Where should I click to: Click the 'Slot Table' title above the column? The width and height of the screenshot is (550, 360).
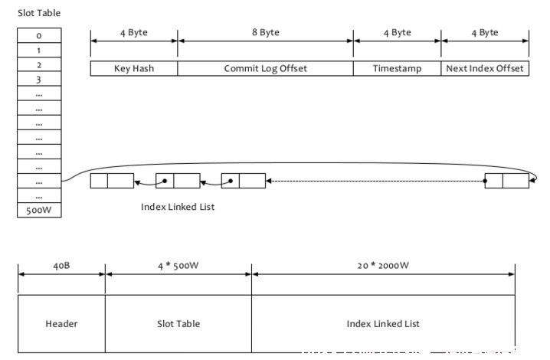[39, 13]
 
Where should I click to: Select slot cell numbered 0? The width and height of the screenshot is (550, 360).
[39, 35]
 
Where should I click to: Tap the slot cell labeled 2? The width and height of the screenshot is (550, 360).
[39, 64]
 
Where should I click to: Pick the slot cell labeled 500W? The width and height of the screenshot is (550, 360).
[39, 210]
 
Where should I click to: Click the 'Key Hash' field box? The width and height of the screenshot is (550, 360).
[134, 68]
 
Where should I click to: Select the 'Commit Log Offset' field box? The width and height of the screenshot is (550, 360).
[266, 68]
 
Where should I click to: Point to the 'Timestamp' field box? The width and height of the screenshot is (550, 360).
[397, 68]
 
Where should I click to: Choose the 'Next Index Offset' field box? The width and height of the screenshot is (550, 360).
[485, 68]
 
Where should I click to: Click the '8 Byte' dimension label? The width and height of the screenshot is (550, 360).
[266, 32]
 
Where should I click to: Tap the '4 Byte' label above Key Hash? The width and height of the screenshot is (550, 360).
[134, 33]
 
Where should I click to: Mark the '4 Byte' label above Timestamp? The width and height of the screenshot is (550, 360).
[397, 33]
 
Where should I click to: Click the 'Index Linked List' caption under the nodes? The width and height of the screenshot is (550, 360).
[178, 207]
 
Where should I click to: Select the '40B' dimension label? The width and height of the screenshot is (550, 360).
[61, 266]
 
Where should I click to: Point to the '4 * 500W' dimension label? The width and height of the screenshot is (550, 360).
[178, 266]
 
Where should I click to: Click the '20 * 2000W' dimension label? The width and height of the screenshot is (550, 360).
[383, 266]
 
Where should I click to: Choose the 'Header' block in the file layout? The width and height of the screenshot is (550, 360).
[61, 323]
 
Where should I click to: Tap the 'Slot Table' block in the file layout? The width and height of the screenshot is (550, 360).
[178, 323]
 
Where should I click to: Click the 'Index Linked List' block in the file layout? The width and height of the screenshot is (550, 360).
[383, 323]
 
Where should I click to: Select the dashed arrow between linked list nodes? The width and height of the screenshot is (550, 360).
[375, 181]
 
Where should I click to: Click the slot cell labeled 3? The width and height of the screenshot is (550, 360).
[39, 80]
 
